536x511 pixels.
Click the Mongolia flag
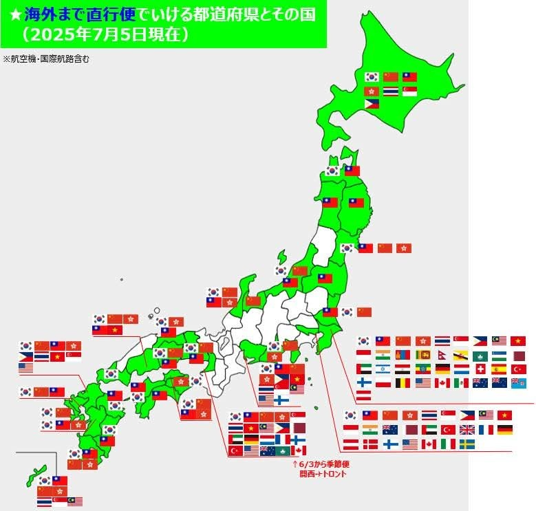[403, 355]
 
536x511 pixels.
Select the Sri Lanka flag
[422, 355]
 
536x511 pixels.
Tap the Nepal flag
[442, 355]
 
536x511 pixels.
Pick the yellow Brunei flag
[461, 355]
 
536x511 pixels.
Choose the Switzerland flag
[480, 369]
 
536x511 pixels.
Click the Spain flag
[500, 369]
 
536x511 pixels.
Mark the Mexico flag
[461, 383]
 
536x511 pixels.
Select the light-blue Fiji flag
[519, 383]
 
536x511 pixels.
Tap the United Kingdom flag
[467, 430]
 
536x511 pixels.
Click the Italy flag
[448, 444]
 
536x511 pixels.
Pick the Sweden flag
[467, 444]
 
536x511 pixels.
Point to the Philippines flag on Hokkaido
[372, 105]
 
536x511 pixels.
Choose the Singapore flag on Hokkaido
[409, 91]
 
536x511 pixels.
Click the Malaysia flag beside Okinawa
[76, 501]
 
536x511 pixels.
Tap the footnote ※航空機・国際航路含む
[47, 59]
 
